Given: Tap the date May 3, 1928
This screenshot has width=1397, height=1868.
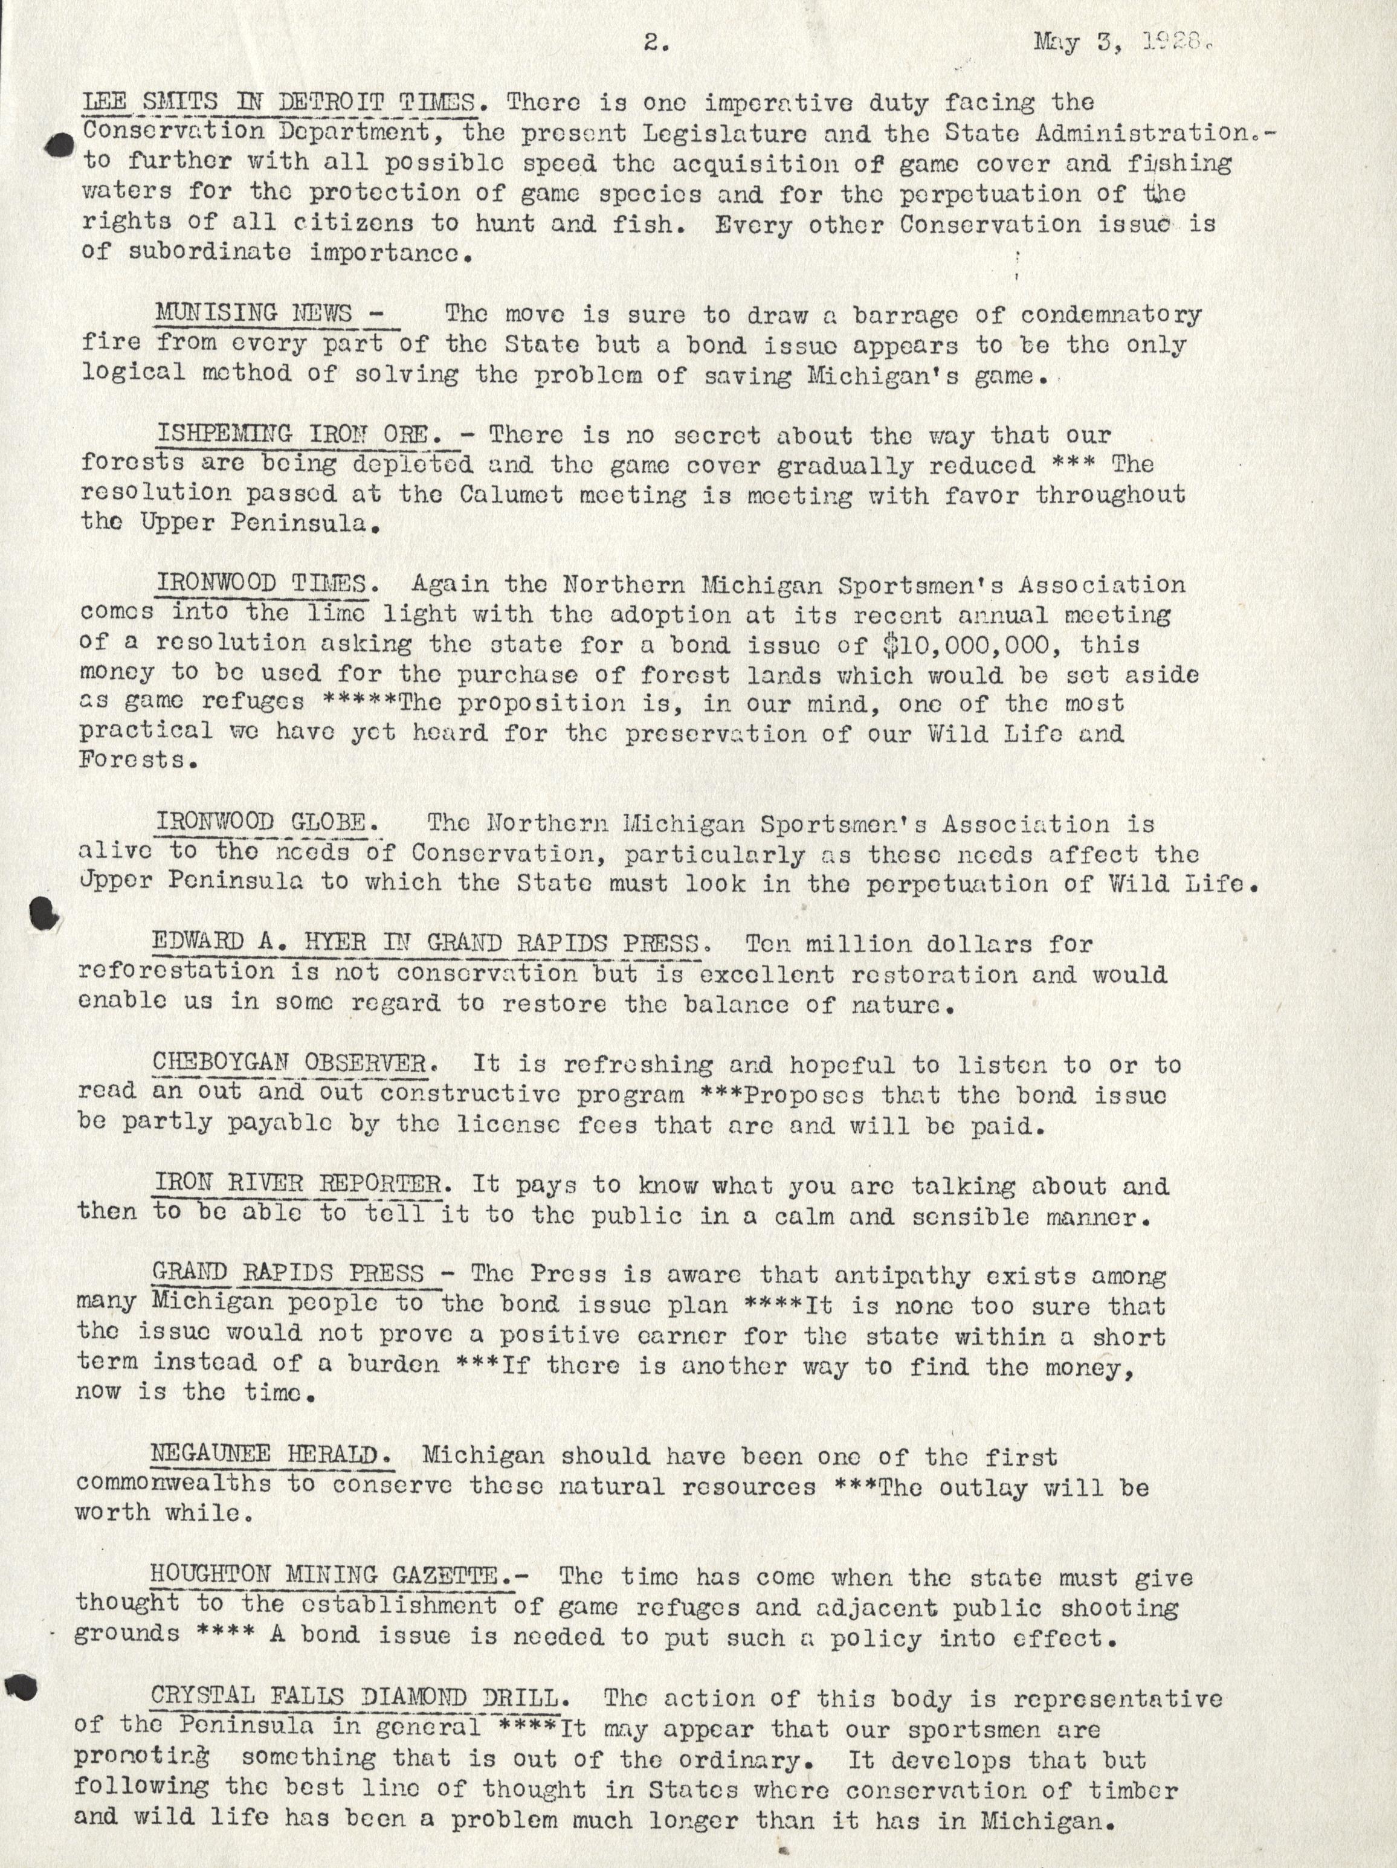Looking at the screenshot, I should pyautogui.click(x=1123, y=42).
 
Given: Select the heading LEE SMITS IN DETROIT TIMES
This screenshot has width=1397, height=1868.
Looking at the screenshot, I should pyautogui.click(x=285, y=103).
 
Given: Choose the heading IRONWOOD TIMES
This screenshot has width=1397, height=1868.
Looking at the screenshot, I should pyautogui.click(x=261, y=584).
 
